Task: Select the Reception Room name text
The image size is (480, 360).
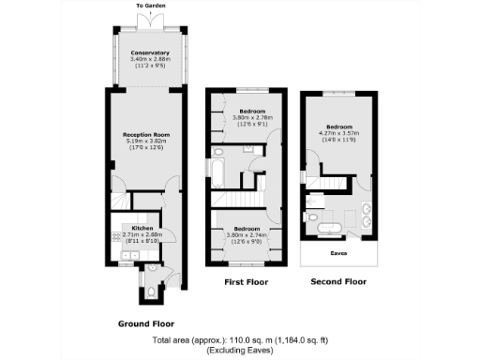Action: point(143,134)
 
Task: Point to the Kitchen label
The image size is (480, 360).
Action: point(143,228)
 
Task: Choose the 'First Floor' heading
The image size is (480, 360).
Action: point(246,281)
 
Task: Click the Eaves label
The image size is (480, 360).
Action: point(338,252)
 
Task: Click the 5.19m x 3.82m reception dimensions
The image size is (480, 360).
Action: point(143,141)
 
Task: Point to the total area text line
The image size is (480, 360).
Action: point(240,342)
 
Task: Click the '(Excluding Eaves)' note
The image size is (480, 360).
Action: point(240,352)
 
